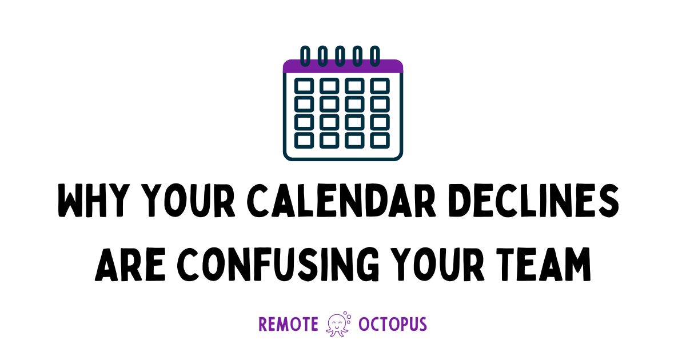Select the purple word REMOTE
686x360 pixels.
point(288,325)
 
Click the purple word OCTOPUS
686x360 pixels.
point(393,325)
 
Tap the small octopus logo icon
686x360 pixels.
point(338,324)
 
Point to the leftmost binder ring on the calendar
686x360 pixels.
point(305,56)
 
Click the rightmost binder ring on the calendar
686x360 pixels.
point(375,56)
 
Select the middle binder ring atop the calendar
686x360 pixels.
point(340,56)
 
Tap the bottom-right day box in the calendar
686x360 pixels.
point(380,139)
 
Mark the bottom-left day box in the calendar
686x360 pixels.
point(304,139)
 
